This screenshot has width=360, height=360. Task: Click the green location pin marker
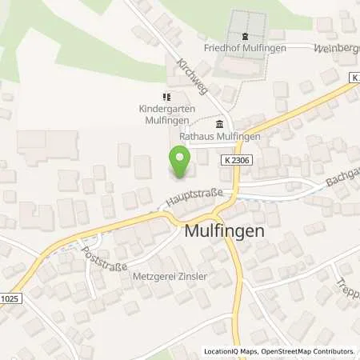tap(181, 165)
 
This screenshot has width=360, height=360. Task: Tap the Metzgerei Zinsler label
tap(169, 279)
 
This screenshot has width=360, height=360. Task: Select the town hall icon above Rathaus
tap(219, 123)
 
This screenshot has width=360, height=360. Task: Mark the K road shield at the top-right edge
tap(354, 76)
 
